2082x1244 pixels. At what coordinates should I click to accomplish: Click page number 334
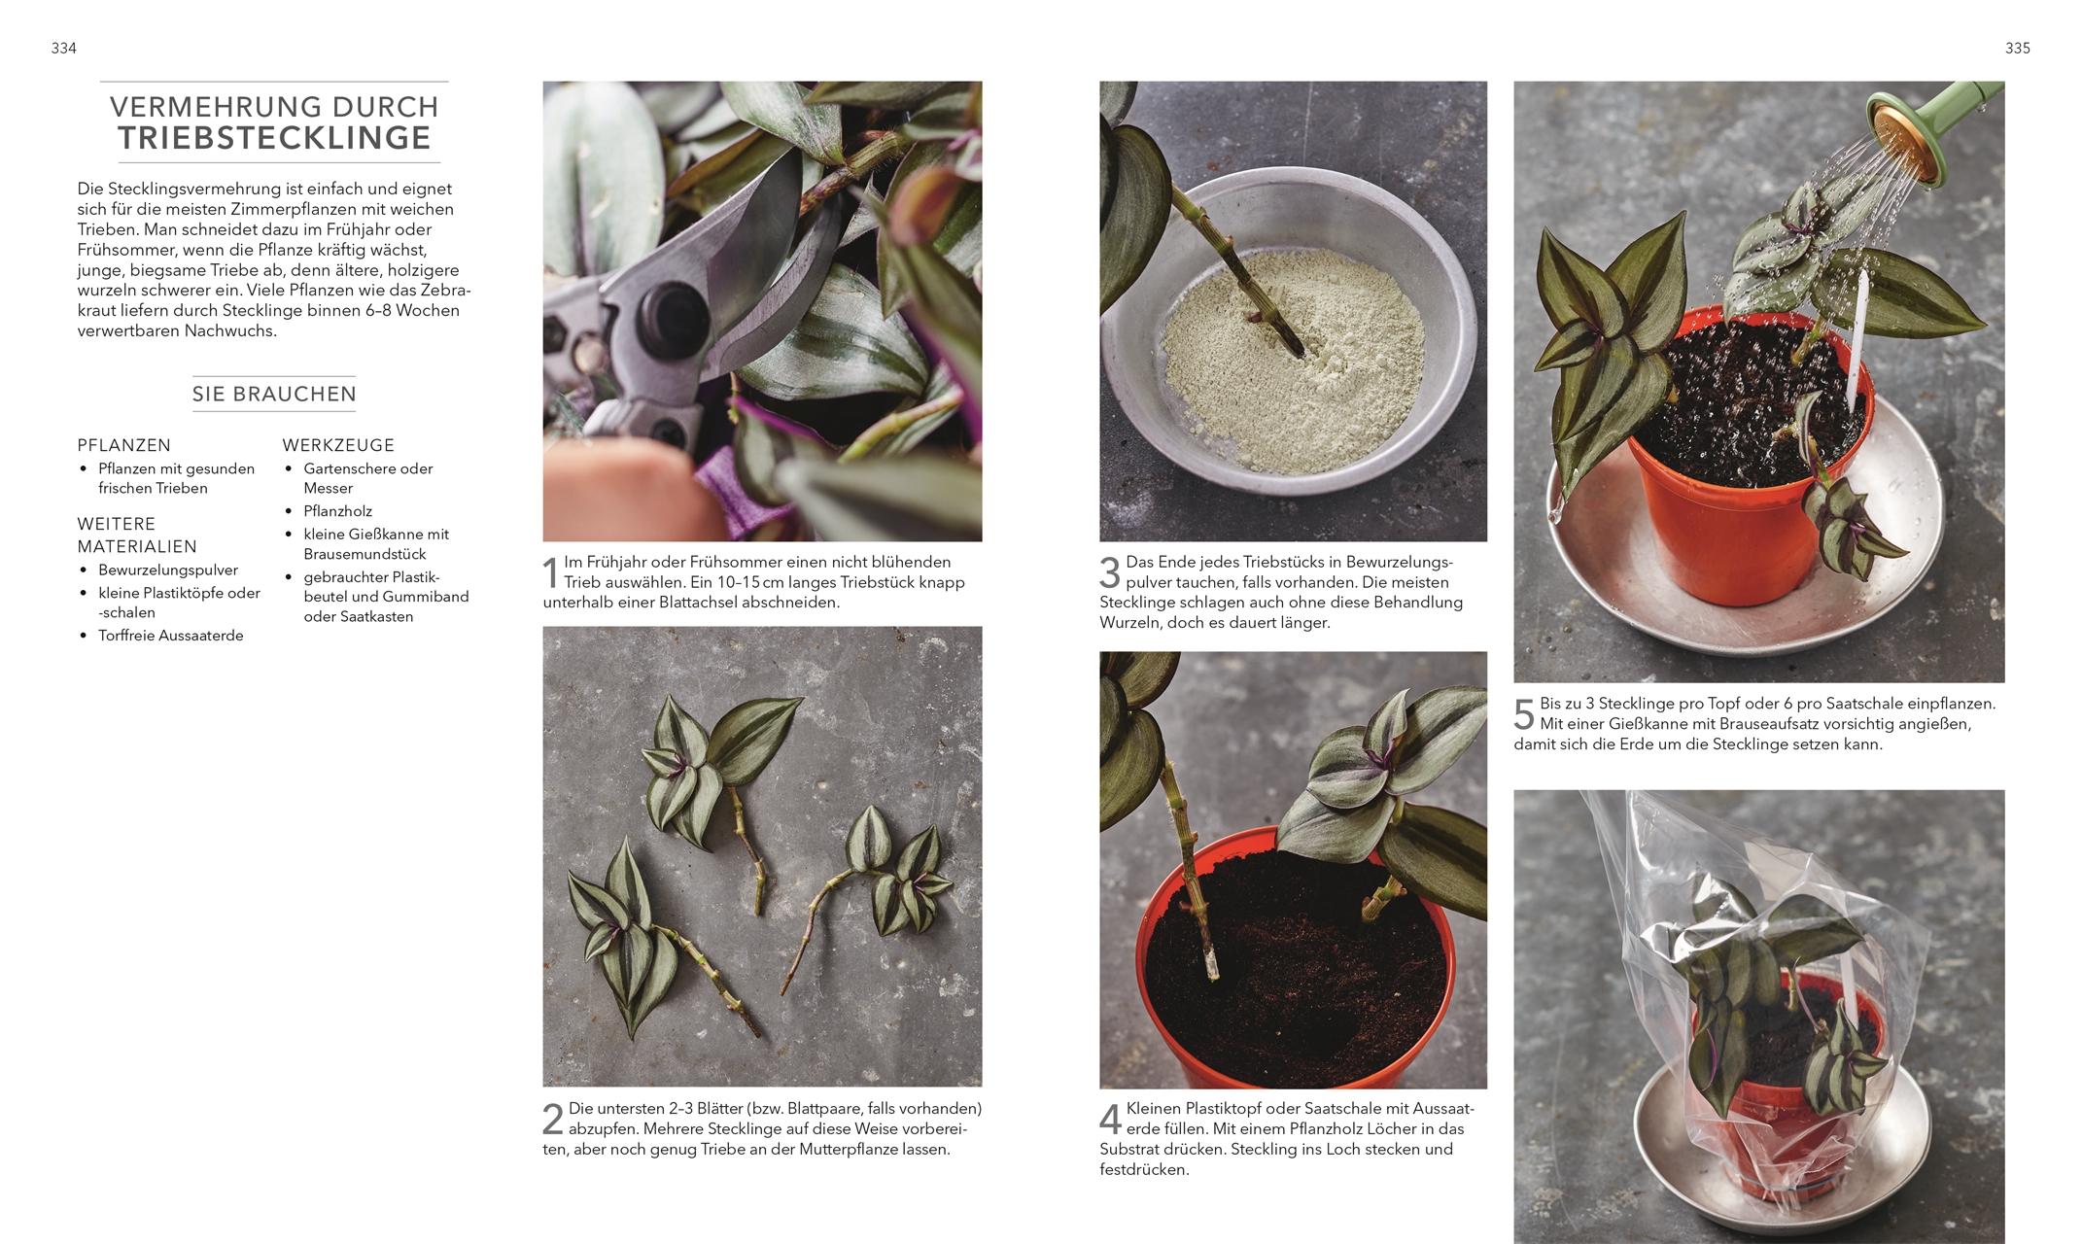pyautogui.click(x=63, y=49)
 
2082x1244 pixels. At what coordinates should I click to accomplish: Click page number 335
pyautogui.click(x=2018, y=49)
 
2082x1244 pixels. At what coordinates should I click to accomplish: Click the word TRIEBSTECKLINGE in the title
pyautogui.click(x=275, y=138)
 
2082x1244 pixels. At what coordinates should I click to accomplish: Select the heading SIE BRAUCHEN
pyautogui.click(x=274, y=394)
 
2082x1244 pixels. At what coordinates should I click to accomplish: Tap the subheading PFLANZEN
pyautogui.click(x=124, y=445)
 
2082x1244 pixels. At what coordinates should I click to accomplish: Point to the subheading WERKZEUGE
pyautogui.click(x=338, y=445)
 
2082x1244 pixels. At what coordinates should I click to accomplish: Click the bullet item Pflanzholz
pyautogui.click(x=337, y=511)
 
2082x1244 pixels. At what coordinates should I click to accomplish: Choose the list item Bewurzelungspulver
pyautogui.click(x=167, y=570)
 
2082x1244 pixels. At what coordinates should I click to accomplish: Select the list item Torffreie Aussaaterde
pyautogui.click(x=170, y=636)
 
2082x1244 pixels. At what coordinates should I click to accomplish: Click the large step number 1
pyautogui.click(x=550, y=572)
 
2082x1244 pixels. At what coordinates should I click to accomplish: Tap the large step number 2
pyautogui.click(x=552, y=1120)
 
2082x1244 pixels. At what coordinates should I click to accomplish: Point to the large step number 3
pyautogui.click(x=1110, y=572)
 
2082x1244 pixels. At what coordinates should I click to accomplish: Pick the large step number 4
pyautogui.click(x=1110, y=1120)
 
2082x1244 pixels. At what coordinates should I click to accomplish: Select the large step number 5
pyautogui.click(x=1524, y=714)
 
